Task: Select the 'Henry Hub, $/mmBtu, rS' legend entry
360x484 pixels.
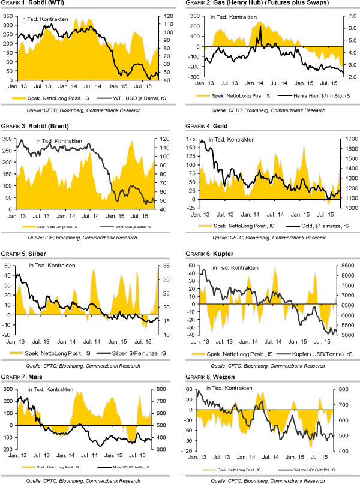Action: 311,95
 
